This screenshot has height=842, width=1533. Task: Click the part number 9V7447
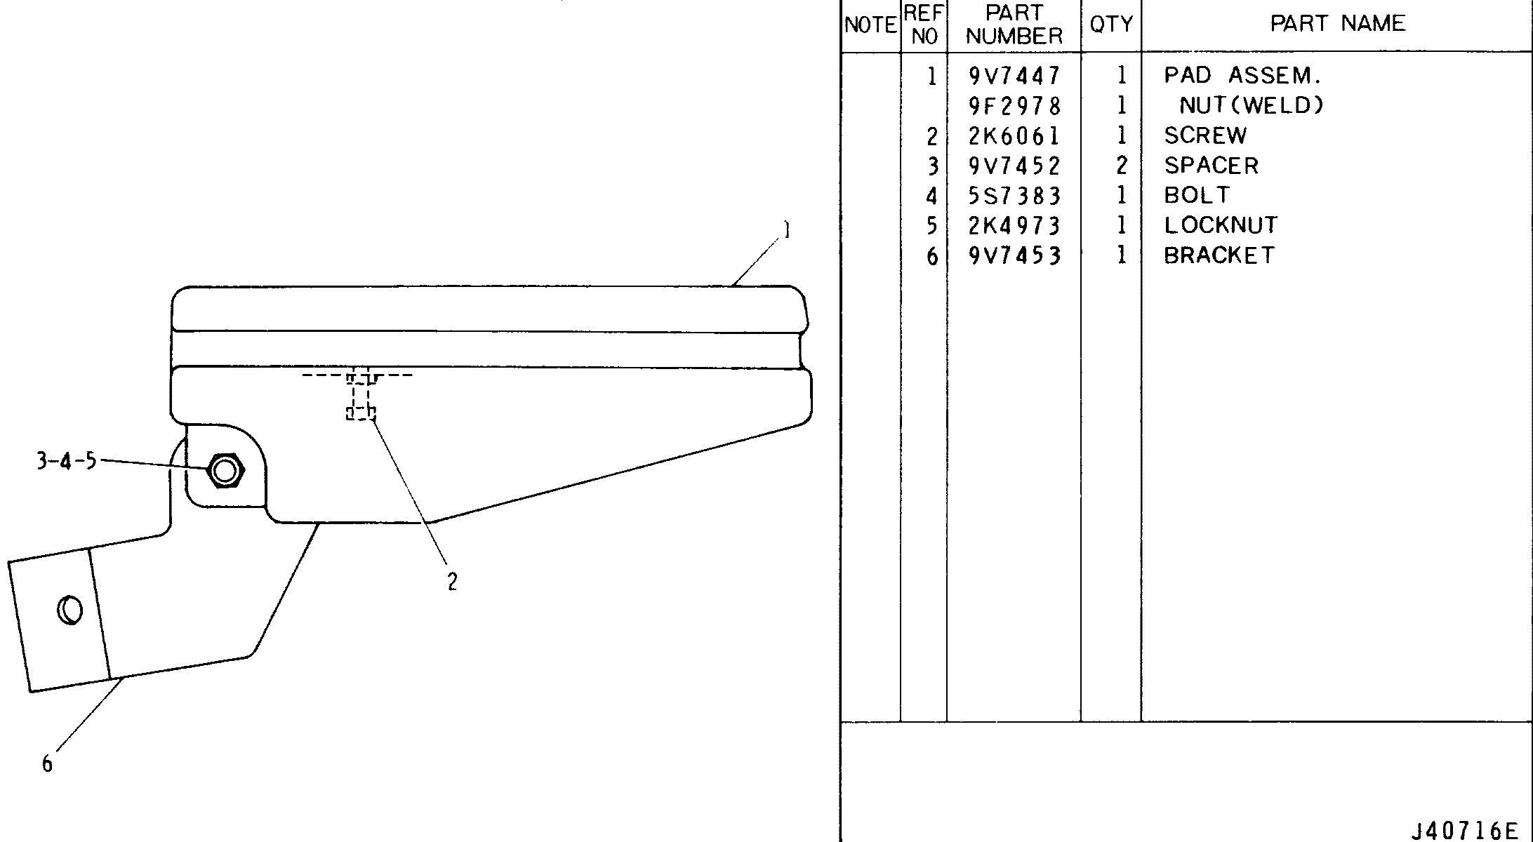(1014, 75)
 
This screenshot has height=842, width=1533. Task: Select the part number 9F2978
(1014, 105)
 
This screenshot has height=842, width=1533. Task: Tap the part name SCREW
(1205, 135)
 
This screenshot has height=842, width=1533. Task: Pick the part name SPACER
(1211, 166)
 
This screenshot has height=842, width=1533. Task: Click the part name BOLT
(1197, 195)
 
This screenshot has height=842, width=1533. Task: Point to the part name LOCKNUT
(1221, 225)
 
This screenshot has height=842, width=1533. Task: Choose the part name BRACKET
(1219, 255)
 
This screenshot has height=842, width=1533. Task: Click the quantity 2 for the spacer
(1121, 166)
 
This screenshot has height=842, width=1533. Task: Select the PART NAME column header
(1337, 24)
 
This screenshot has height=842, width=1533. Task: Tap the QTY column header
(1111, 25)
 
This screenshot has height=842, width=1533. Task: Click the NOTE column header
(870, 25)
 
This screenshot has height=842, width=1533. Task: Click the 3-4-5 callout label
(67, 462)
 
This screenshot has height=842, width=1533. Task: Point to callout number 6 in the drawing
(47, 763)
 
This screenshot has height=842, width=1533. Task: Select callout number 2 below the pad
(452, 581)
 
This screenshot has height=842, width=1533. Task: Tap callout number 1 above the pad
(788, 230)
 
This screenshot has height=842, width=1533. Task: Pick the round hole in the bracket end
(70, 609)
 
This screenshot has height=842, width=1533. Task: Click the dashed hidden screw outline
(360, 396)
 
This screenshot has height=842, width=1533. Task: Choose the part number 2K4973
(1014, 225)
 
